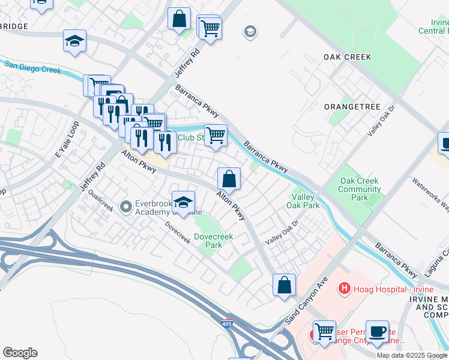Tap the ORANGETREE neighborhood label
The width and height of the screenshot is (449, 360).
pos(352,107)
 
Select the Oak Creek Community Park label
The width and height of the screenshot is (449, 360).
pos(360,189)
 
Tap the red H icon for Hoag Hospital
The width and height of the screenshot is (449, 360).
pos(344,289)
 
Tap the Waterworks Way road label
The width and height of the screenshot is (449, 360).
pos(430,192)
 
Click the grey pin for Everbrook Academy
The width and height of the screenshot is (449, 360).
pos(126,208)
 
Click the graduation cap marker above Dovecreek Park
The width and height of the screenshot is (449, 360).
pos(183,201)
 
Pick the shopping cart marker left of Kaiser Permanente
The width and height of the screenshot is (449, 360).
pos(324,331)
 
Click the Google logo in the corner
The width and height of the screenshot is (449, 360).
pos(20,353)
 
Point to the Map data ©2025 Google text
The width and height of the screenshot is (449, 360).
pos(412,355)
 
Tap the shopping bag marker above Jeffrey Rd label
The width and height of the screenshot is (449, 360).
pos(179,18)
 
